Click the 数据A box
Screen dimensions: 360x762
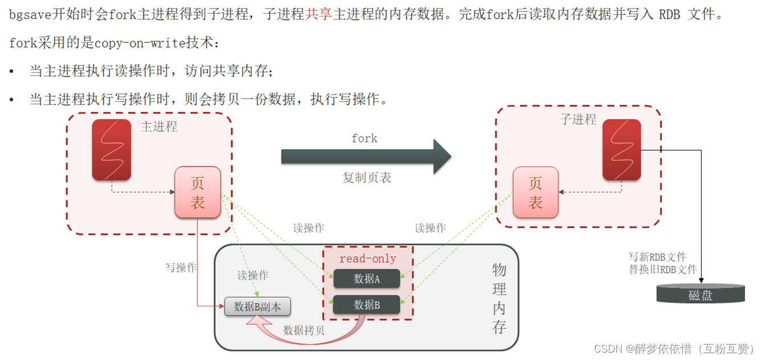pyautogui.click(x=366, y=279)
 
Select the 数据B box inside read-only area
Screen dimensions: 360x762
pyautogui.click(x=366, y=305)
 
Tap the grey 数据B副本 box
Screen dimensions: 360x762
pyautogui.click(x=257, y=306)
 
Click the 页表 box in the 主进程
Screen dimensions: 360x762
pyautogui.click(x=197, y=193)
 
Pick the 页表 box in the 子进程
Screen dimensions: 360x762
pyautogui.click(x=535, y=193)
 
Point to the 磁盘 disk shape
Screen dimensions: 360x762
pyautogui.click(x=700, y=294)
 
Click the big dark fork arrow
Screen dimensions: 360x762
pyautogui.click(x=364, y=156)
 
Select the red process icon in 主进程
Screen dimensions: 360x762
pyautogui.click(x=112, y=149)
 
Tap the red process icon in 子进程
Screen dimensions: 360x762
pyautogui.click(x=622, y=149)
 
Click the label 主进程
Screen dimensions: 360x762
pyautogui.click(x=159, y=126)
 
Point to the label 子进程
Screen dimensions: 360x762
pyautogui.click(x=578, y=119)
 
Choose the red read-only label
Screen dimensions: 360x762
pyautogui.click(x=367, y=259)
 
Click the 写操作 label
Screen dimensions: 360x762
pyautogui.click(x=181, y=267)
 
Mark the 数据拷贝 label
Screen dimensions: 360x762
pyautogui.click(x=304, y=330)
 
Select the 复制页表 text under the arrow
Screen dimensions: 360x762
pyautogui.click(x=367, y=178)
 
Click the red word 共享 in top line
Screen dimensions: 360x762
pyautogui.click(x=318, y=15)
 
